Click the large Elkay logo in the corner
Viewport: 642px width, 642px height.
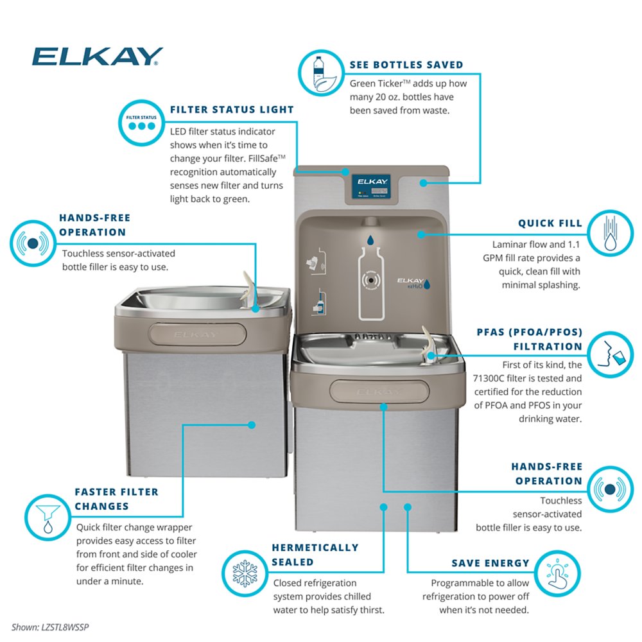(x=97, y=57)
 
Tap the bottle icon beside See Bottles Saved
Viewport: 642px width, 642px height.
(x=320, y=73)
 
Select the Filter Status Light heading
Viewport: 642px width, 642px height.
(x=232, y=110)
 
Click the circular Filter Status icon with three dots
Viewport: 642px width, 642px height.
(x=141, y=121)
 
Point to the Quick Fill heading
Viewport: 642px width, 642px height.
(x=550, y=223)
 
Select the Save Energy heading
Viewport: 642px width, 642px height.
(x=490, y=563)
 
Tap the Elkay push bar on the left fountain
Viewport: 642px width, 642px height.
(x=198, y=334)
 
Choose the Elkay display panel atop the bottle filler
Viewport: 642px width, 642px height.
(x=372, y=186)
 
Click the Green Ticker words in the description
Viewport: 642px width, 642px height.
(x=376, y=84)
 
